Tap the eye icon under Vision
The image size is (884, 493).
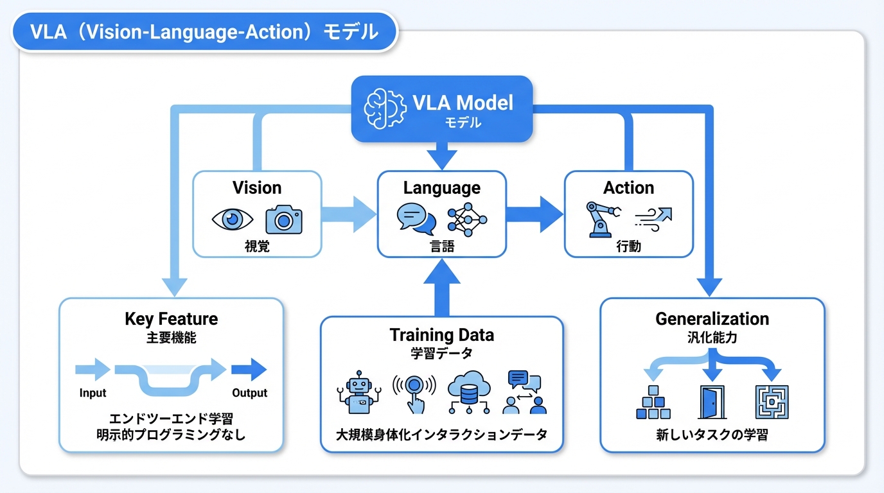233,220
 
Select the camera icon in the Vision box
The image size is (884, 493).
283,220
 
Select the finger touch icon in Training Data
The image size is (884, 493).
414,393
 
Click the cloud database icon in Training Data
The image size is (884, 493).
468,393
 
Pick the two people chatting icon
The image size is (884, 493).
524,392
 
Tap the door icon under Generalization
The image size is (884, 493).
711,402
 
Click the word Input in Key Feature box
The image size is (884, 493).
93,393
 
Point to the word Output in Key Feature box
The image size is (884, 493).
249,393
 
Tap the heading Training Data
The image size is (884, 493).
441,335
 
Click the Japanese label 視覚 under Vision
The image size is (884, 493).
257,246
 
